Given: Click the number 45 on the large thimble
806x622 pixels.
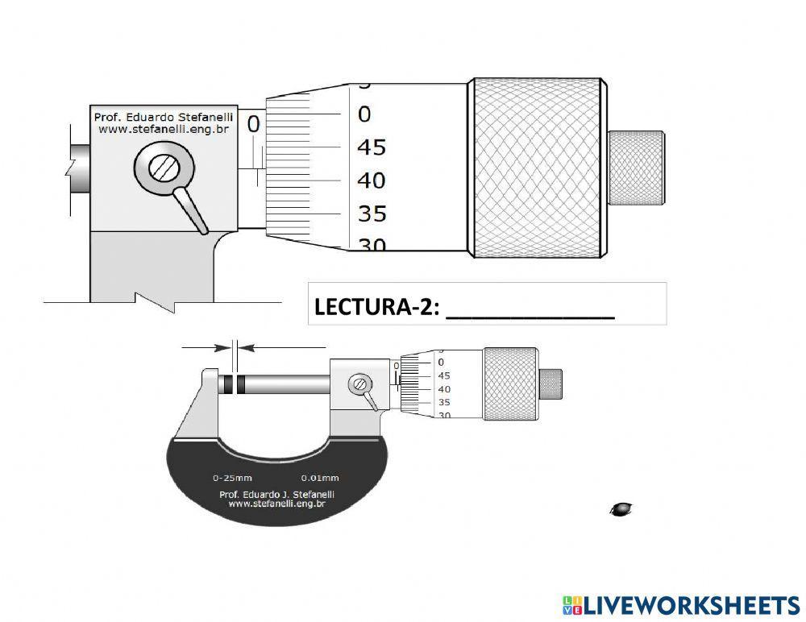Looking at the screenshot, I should (x=372, y=147).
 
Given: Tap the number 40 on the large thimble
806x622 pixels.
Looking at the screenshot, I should (x=372, y=180).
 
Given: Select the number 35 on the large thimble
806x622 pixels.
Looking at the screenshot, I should (x=372, y=214).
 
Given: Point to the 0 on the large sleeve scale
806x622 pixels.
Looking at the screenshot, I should (x=253, y=124).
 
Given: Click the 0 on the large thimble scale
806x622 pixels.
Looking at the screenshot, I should (x=364, y=114).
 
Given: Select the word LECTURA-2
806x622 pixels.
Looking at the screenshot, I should (x=376, y=306).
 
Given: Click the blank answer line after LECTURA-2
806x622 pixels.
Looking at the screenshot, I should (x=530, y=310).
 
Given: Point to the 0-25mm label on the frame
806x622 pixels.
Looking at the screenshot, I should (x=232, y=476).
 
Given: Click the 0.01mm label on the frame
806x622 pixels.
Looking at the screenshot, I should (x=320, y=476).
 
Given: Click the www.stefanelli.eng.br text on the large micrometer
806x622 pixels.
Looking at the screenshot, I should (x=158, y=128).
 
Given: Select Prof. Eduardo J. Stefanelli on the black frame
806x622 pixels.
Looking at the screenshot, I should (x=276, y=494).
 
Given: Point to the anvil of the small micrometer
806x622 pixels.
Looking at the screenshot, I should (x=210, y=384).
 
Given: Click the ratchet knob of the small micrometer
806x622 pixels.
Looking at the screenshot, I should (x=550, y=384).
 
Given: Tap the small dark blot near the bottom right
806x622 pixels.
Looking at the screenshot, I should (x=621, y=508).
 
